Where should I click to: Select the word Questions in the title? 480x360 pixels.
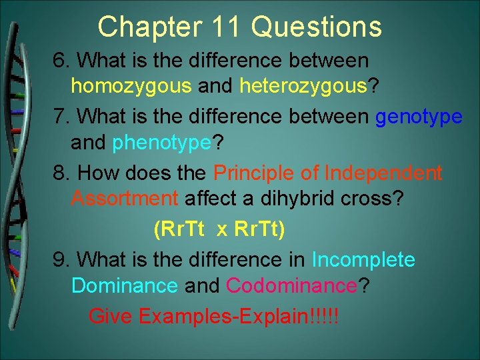(317, 27)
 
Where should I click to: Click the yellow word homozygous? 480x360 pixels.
(131, 87)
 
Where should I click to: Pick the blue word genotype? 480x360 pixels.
(419, 117)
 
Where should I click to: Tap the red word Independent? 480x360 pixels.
(383, 173)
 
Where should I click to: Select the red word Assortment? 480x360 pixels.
(125, 199)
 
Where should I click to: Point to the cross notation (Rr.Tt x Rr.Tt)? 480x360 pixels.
(219, 229)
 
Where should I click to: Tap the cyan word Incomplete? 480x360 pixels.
(363, 259)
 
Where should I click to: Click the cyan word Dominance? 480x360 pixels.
(125, 285)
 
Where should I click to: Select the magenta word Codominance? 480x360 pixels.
(292, 285)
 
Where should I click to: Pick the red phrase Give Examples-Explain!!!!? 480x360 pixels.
(213, 315)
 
